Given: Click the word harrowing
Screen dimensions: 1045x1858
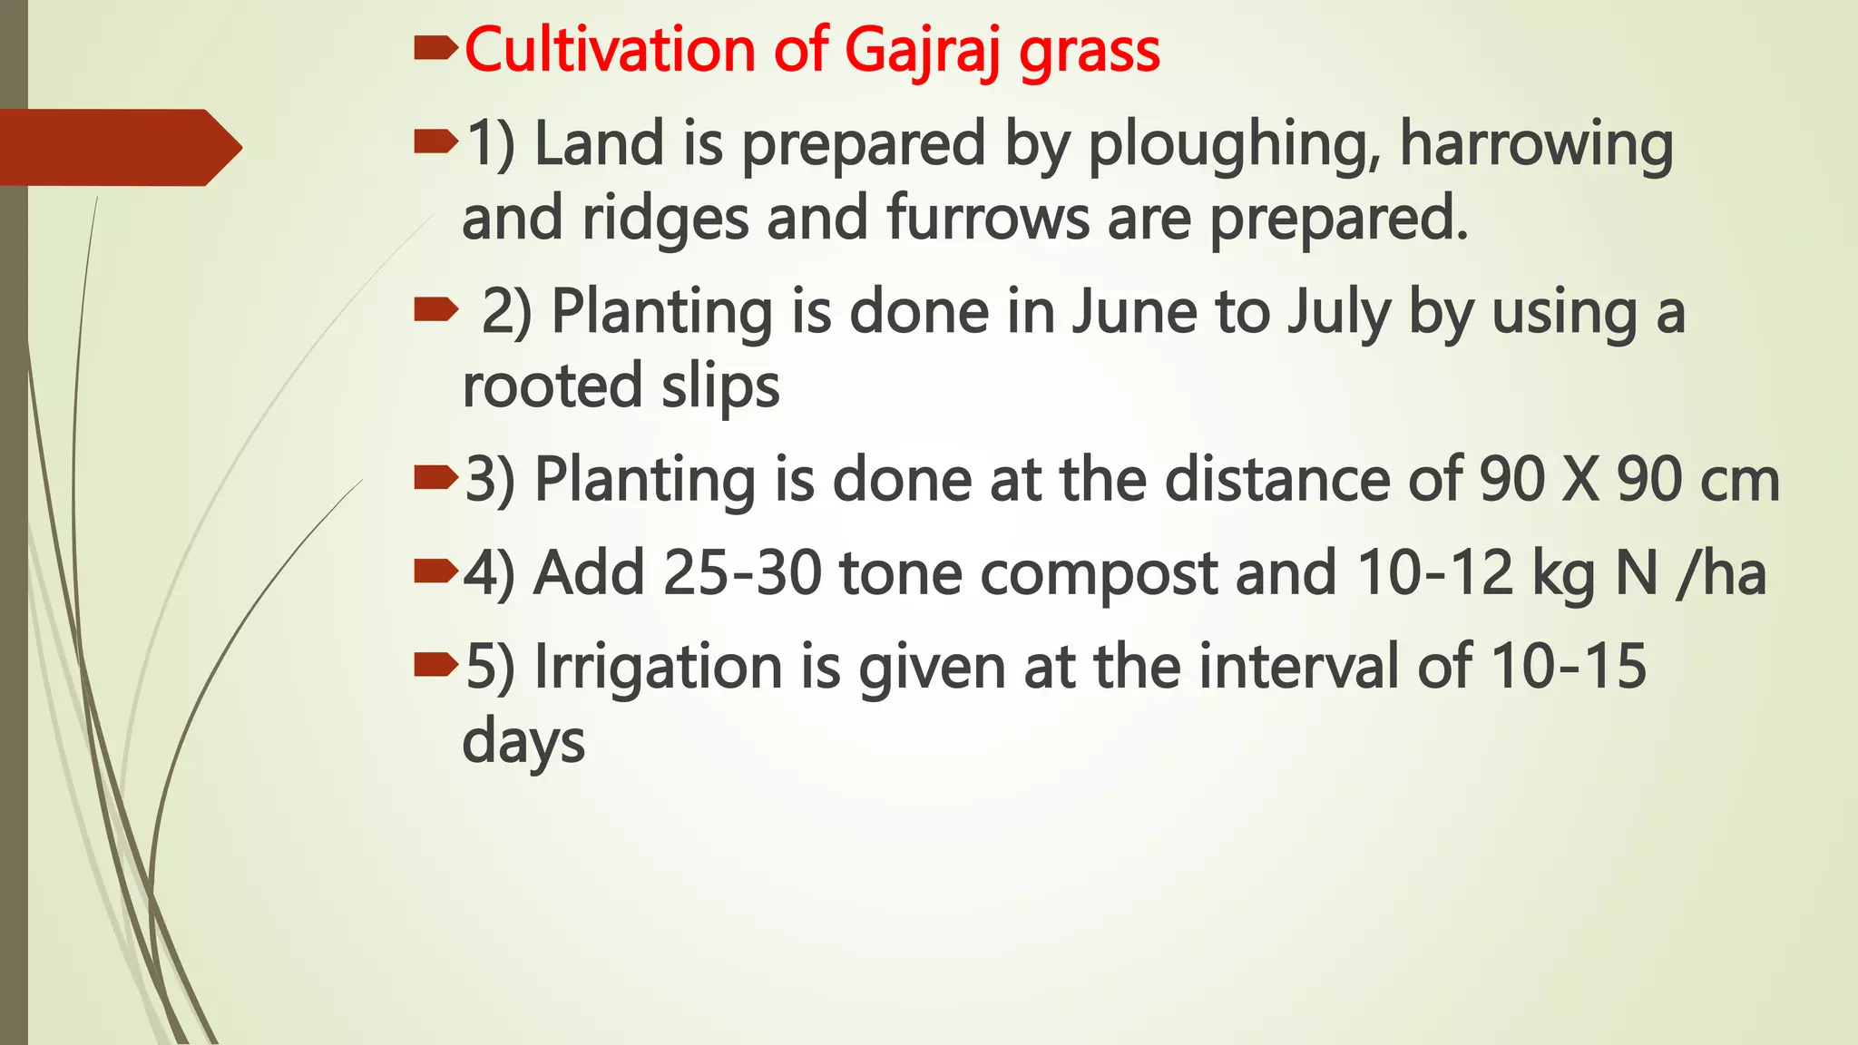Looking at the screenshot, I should [1537, 145].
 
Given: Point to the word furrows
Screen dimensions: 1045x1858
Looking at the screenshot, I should [988, 219].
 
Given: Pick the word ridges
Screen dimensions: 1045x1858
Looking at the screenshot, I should [665, 220].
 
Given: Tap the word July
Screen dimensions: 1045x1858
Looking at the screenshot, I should [1339, 314].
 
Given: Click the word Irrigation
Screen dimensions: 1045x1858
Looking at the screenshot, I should [658, 668].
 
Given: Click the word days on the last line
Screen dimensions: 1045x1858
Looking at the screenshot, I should [523, 742].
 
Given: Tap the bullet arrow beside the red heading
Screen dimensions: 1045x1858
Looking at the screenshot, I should [435, 49].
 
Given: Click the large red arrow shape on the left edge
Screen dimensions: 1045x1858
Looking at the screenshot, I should [118, 148].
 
